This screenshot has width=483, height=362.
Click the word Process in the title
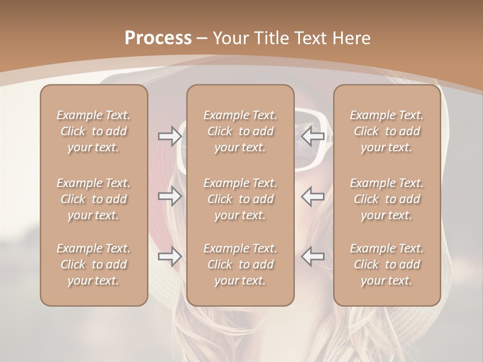[x=158, y=38]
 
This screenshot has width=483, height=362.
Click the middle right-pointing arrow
[x=170, y=196]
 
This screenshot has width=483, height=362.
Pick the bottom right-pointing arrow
[x=170, y=256]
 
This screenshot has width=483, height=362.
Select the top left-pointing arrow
[x=313, y=136]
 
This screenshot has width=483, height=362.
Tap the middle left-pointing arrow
[x=313, y=196]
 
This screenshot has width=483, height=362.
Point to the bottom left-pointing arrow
[x=313, y=256]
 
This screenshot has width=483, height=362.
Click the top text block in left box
[x=94, y=131]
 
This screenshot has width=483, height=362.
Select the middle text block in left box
[x=94, y=199]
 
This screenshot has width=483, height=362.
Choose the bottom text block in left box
[x=94, y=264]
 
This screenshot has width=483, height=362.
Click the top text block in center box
[x=240, y=131]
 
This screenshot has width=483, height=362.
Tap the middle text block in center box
[x=240, y=199]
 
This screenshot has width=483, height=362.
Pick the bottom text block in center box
[x=240, y=264]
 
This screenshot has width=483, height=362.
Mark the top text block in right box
[x=387, y=131]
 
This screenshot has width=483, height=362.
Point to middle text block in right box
[x=387, y=199]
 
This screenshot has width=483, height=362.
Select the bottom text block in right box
[x=387, y=264]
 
